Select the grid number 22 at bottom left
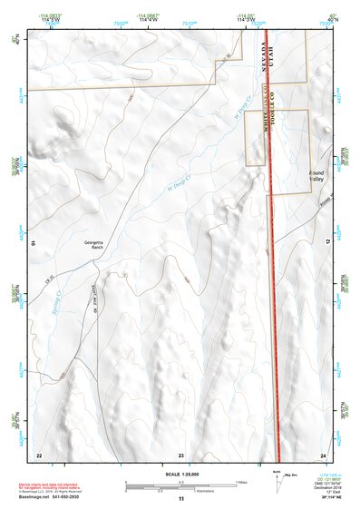38,454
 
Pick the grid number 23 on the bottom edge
180,454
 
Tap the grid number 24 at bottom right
323,454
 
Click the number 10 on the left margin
33,242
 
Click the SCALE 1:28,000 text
180,473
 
